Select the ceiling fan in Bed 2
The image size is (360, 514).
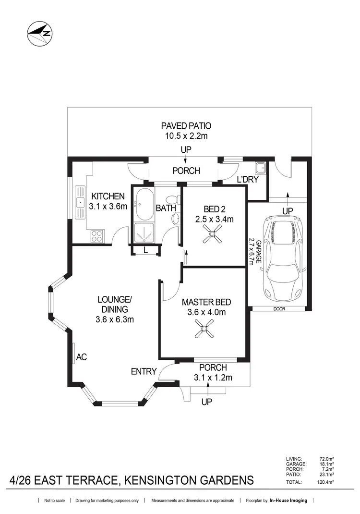tap(213, 235)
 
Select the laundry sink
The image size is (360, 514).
tap(261, 168)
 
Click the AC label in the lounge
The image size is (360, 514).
tap(81, 357)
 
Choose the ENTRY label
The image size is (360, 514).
tap(144, 371)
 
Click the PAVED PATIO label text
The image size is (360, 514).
tap(186, 126)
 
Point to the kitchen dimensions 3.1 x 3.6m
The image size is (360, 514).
tap(108, 207)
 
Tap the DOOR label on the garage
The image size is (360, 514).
tap(278, 309)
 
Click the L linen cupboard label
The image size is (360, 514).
tap(145, 249)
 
